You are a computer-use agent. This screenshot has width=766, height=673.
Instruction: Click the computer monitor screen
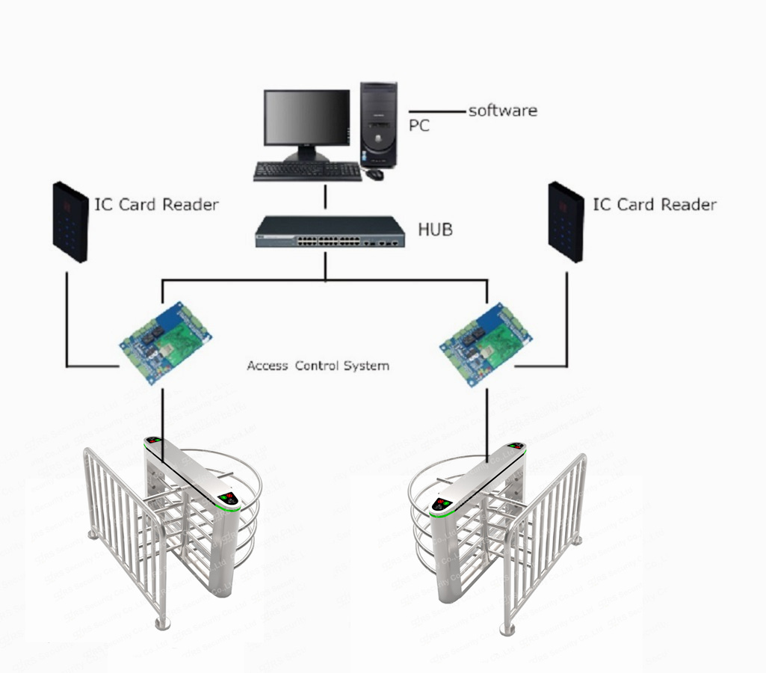306,117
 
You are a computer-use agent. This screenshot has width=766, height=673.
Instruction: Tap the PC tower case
379,124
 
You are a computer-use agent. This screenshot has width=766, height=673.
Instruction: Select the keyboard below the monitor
307,172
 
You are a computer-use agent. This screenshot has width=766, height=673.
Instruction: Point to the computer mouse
374,174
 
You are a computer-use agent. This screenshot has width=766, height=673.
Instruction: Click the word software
502,111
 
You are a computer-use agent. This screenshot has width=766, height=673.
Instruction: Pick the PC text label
419,126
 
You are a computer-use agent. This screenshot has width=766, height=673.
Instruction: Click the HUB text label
435,230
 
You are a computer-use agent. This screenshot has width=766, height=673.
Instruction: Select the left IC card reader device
70,222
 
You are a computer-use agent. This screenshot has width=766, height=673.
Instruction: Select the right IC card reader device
566,221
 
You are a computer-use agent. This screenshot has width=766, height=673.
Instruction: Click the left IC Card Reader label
156,204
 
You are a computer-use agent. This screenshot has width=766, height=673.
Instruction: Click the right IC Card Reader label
655,204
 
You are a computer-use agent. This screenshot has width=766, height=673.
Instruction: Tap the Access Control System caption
318,366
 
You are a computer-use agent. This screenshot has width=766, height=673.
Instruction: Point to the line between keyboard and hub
326,198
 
